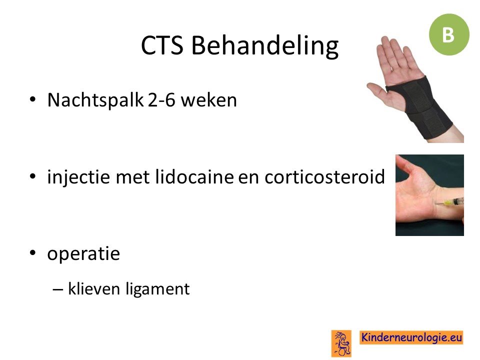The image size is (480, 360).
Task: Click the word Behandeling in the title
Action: click(x=265, y=45)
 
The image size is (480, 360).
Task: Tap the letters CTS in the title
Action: click(x=162, y=45)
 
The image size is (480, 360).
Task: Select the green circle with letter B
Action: click(x=449, y=34)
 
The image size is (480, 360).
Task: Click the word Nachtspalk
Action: click(x=95, y=100)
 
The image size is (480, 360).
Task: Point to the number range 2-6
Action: click(x=161, y=100)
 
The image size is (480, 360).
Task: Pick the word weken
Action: click(x=209, y=100)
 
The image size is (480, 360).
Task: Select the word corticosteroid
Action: click(x=324, y=176)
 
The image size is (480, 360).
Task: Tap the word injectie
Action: click(x=78, y=177)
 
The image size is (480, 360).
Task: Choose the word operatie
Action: click(x=83, y=254)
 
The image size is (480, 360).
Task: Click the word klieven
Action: click(x=93, y=288)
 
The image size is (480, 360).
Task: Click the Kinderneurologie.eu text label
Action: click(x=411, y=337)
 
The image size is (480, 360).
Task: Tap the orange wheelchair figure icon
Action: click(x=341, y=343)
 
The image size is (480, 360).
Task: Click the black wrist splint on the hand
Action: click(x=420, y=107)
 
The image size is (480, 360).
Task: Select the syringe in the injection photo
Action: click(x=449, y=202)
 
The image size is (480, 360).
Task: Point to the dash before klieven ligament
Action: click(x=57, y=289)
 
